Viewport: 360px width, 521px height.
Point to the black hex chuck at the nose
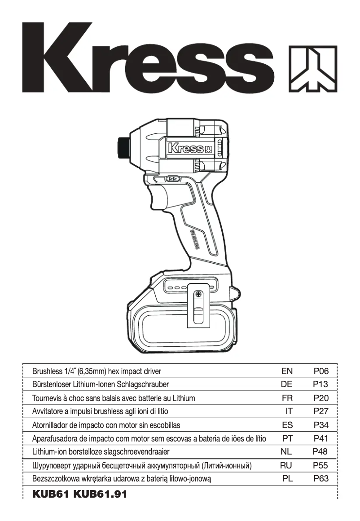coord(122,146)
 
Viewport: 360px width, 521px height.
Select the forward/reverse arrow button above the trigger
coord(172,179)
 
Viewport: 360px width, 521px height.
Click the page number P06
coord(321,371)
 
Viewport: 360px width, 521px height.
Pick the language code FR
coord(287,398)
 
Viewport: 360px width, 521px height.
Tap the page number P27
coord(321,411)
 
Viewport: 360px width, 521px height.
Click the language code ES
coord(287,425)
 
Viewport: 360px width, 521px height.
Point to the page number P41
coord(321,438)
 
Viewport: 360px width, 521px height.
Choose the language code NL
coord(286,452)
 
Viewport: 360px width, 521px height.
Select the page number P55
coord(321,465)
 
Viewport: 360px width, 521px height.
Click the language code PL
coord(287,479)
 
